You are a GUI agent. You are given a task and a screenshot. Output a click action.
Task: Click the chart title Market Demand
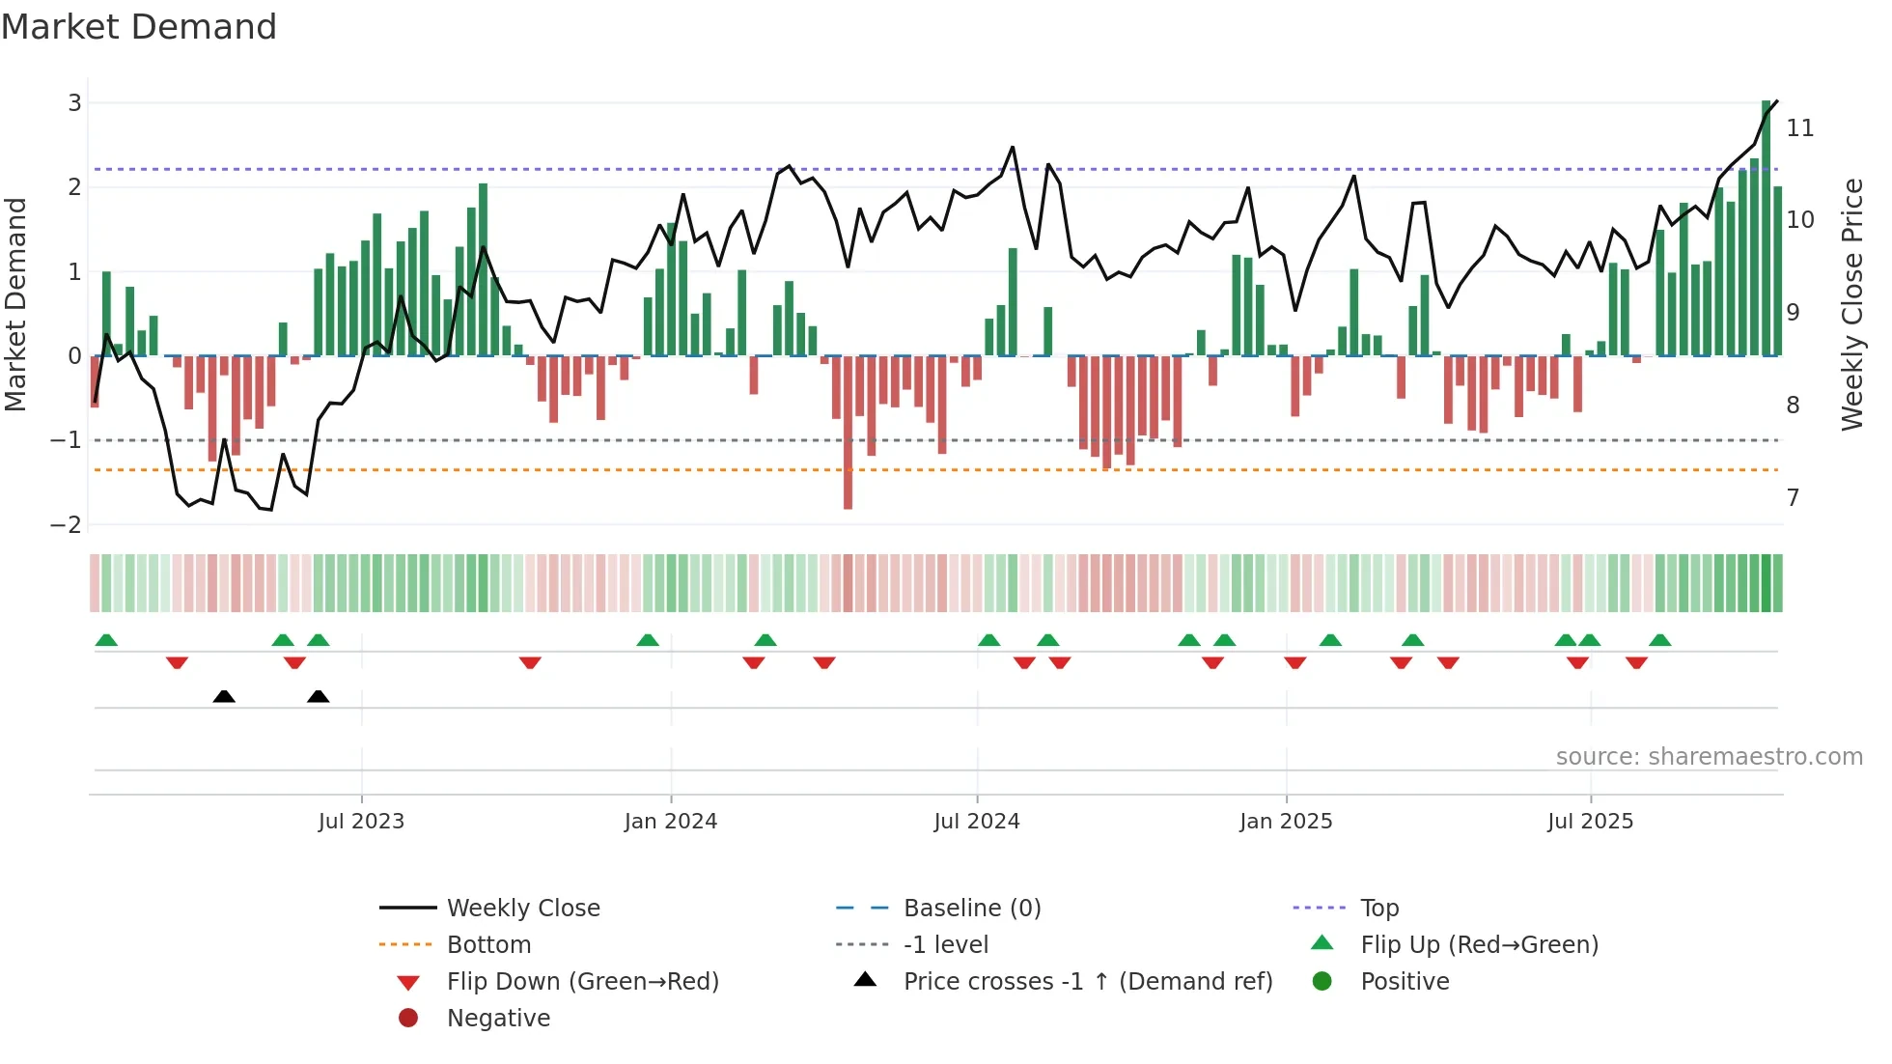pos(139,27)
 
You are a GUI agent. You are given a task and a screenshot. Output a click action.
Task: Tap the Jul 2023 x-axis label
pos(361,822)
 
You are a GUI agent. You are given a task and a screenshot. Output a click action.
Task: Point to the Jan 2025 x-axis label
pos(1286,822)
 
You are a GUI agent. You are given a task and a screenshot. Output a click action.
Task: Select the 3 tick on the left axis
pos(74,102)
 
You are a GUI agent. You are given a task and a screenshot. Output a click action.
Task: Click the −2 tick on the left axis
pos(67,524)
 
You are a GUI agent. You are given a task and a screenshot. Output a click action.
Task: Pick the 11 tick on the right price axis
pos(1800,127)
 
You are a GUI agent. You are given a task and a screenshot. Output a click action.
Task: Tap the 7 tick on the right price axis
pos(1793,497)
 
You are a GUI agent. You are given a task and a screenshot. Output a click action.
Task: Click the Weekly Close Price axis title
pos(1851,304)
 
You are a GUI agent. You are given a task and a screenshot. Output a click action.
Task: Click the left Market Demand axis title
pos(15,304)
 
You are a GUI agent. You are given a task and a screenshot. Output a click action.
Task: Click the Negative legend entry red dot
pos(408,1018)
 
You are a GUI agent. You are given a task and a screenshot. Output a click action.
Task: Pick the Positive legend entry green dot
pos(1322,981)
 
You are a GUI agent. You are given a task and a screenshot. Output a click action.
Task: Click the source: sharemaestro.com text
pos(1709,757)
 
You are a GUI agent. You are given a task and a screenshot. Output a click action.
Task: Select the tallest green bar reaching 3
pos(1767,228)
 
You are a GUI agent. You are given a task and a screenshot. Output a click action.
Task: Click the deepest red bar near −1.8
pos(848,433)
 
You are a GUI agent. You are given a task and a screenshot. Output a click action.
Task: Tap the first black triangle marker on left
pos(224,696)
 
